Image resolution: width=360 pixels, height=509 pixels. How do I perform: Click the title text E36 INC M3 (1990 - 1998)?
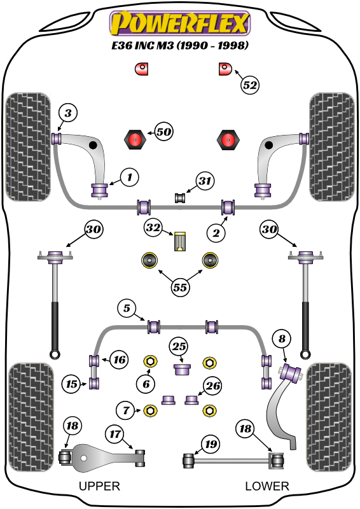coord(180,46)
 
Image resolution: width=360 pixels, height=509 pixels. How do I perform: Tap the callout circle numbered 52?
coord(251,85)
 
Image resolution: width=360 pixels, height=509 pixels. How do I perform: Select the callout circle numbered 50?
coord(163,132)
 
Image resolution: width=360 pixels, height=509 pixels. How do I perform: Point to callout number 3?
coord(68,114)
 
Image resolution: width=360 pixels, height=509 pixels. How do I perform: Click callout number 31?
coord(204,181)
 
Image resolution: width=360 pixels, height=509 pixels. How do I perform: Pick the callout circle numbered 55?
coord(180,288)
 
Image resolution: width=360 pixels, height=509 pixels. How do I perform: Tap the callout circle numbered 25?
coord(179,347)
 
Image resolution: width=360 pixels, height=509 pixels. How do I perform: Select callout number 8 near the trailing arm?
coord(282,340)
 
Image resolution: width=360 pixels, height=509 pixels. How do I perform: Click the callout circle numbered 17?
coord(115,435)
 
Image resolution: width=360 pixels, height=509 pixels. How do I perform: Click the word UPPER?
coord(99,487)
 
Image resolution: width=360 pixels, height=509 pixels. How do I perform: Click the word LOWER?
coord(267,487)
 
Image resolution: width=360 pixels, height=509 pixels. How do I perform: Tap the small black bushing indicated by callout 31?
coord(180,198)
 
